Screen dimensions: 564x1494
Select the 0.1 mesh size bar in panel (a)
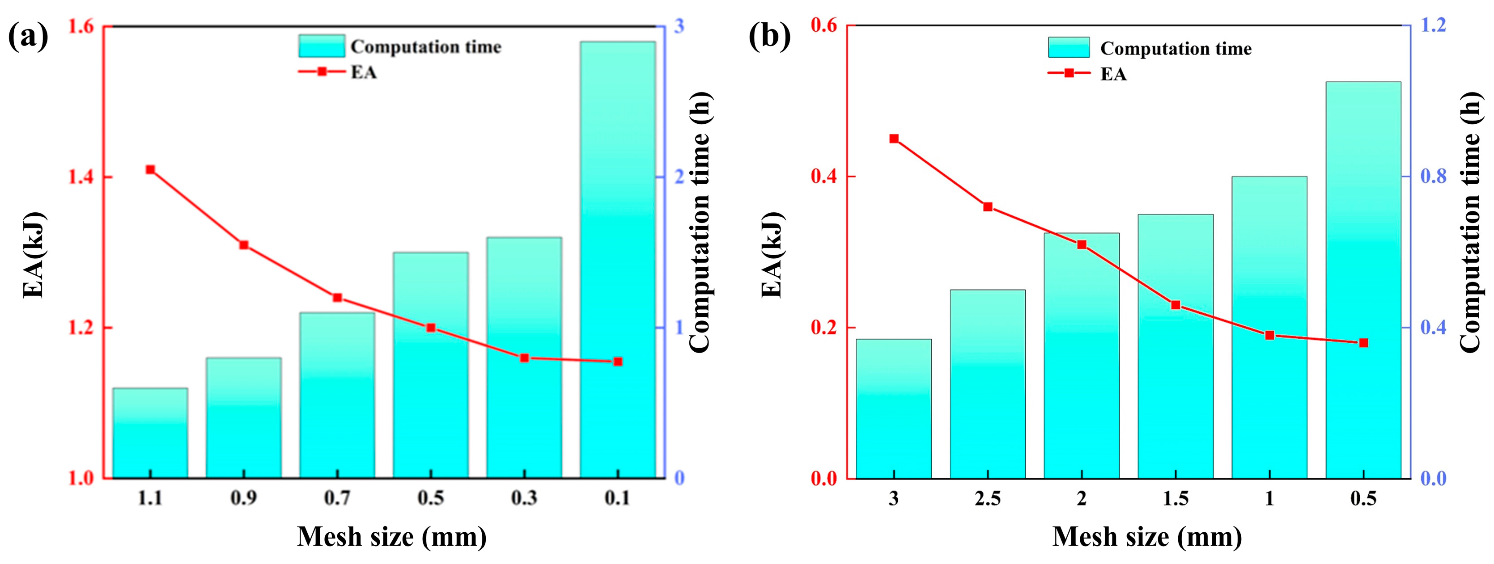pos(618,261)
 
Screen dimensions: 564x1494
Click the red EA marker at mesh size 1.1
pos(150,169)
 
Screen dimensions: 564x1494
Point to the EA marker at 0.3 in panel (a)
pos(524,358)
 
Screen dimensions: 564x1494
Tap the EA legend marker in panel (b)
pos(1069,74)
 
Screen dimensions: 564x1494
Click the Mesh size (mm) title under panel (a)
pos(391,537)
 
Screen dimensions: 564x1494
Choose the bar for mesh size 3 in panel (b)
pos(894,408)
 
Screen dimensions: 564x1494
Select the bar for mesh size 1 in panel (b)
pos(1269,328)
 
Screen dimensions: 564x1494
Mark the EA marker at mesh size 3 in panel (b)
pos(894,139)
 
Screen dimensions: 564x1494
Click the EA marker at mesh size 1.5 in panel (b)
pos(1176,305)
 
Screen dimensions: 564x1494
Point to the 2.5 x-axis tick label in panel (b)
pos(987,498)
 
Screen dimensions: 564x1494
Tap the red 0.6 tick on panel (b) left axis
pos(823,25)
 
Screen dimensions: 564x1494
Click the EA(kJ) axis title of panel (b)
pos(772,255)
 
